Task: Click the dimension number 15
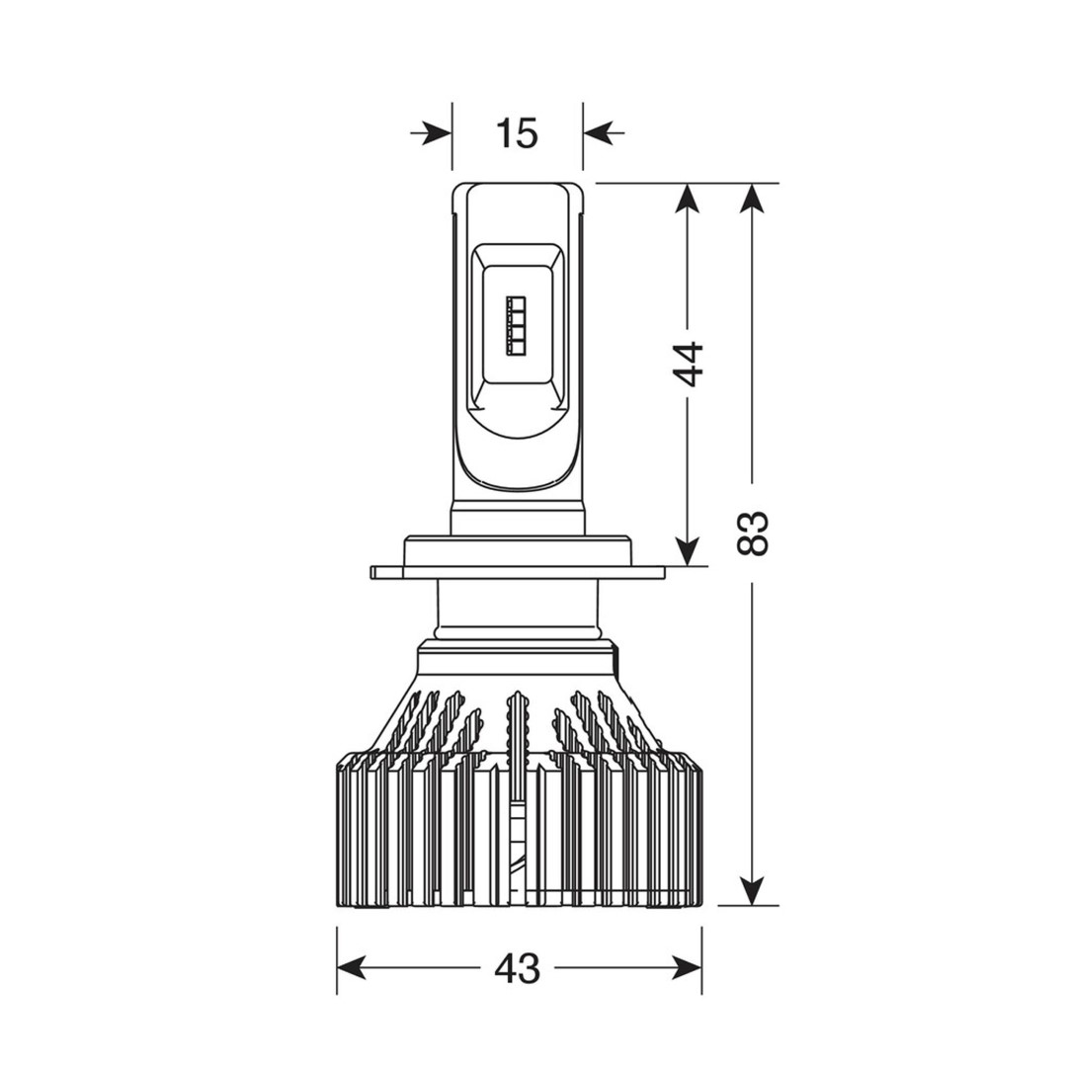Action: click(517, 132)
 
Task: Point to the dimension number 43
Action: click(518, 967)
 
